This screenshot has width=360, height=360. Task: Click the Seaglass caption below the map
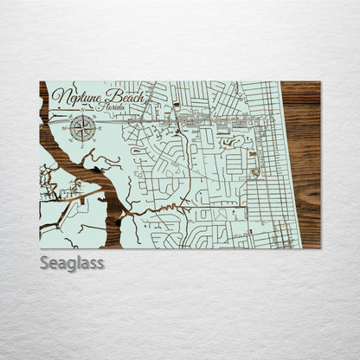(x=72, y=262)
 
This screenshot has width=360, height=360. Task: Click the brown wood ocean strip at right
(x=301, y=164)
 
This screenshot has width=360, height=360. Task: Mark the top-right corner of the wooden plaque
(x=319, y=82)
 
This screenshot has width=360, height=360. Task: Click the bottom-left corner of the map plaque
(x=40, y=247)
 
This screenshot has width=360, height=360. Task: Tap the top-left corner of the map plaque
(x=40, y=82)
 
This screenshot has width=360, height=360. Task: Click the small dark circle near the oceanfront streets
(x=254, y=173)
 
